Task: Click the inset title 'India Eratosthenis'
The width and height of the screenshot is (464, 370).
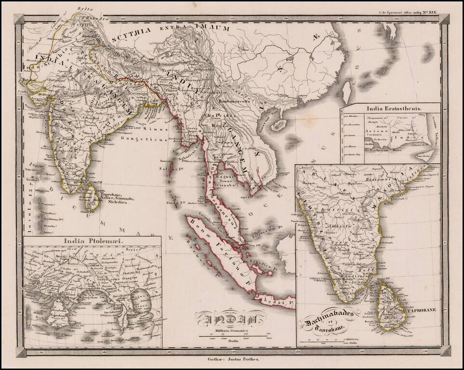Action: (x=392, y=108)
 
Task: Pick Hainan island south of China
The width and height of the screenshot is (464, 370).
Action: (x=278, y=125)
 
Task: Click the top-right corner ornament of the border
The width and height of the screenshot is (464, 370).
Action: (x=444, y=19)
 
